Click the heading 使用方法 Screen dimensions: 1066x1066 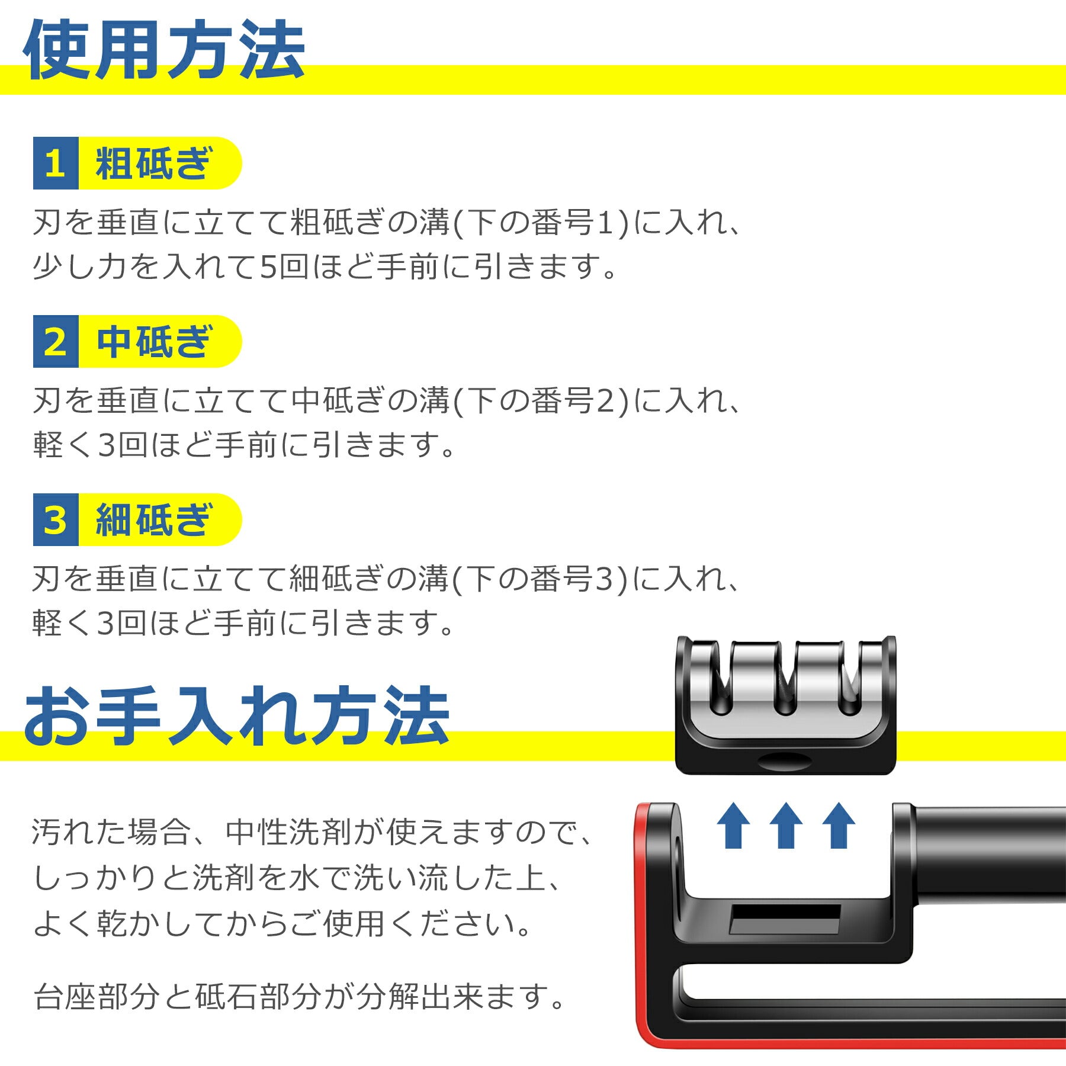[164, 50]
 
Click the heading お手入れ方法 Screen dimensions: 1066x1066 [237, 717]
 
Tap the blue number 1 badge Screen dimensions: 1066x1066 [55, 163]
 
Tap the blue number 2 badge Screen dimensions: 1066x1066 [55, 342]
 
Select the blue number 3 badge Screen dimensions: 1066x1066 [55, 520]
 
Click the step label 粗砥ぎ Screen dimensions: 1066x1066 [153, 163]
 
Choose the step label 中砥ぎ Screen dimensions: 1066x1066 [153, 342]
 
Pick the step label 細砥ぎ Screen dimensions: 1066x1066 [153, 520]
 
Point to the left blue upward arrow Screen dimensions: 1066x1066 [733, 826]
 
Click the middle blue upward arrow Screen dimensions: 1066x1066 [786, 826]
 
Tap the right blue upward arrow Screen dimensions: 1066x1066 [839, 826]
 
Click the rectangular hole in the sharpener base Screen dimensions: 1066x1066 [785, 919]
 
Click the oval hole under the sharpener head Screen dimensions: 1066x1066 [785, 761]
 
